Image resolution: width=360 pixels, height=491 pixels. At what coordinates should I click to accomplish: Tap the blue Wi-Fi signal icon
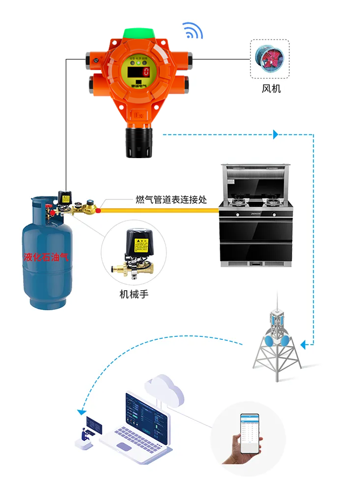(x=193, y=30)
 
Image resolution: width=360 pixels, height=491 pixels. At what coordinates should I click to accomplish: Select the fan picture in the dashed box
(x=269, y=59)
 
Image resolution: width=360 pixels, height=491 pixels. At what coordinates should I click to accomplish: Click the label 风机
(x=271, y=89)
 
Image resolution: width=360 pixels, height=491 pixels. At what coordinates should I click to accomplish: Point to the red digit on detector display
(x=146, y=72)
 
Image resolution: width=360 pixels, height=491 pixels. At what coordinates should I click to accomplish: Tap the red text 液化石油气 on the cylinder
(x=46, y=256)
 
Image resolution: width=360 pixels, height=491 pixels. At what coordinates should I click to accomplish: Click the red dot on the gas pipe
(x=98, y=211)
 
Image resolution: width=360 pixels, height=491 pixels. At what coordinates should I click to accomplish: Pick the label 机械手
(x=134, y=294)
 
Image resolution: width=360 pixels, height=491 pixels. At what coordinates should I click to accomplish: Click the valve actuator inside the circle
(x=133, y=250)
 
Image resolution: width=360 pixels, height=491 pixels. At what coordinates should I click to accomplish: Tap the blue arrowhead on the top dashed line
(x=276, y=134)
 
